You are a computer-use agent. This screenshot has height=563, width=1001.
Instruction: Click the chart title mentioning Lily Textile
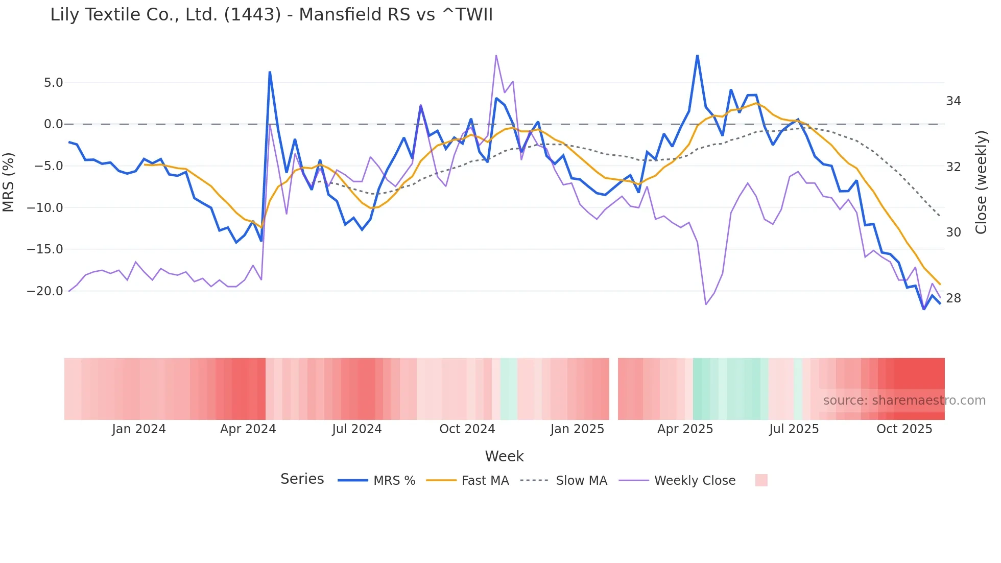(x=271, y=15)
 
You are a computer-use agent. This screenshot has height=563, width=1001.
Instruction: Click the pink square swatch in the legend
(x=761, y=480)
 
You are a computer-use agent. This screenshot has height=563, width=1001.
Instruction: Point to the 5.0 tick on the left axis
(x=53, y=83)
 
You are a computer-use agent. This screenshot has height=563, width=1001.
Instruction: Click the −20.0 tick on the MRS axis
(x=45, y=291)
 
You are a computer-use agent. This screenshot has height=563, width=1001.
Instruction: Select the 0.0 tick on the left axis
(x=53, y=124)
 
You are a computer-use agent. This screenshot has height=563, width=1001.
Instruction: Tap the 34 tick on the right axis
(x=953, y=101)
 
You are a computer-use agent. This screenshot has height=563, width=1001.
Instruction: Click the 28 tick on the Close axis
(x=953, y=298)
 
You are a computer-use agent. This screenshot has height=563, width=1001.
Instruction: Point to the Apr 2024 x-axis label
(x=248, y=429)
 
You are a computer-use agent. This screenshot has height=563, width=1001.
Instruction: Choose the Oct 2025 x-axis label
(x=904, y=429)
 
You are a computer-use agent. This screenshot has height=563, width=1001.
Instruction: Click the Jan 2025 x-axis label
(x=577, y=429)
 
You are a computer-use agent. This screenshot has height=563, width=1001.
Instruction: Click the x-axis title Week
(x=504, y=456)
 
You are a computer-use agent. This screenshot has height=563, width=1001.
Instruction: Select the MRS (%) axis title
(x=9, y=182)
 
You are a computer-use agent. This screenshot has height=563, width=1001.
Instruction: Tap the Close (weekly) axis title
(x=981, y=182)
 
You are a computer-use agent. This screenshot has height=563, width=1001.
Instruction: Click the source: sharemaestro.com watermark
(x=904, y=401)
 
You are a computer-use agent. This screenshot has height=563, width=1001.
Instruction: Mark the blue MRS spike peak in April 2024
(x=270, y=73)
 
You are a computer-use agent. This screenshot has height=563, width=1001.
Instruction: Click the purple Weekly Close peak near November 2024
(x=496, y=56)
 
